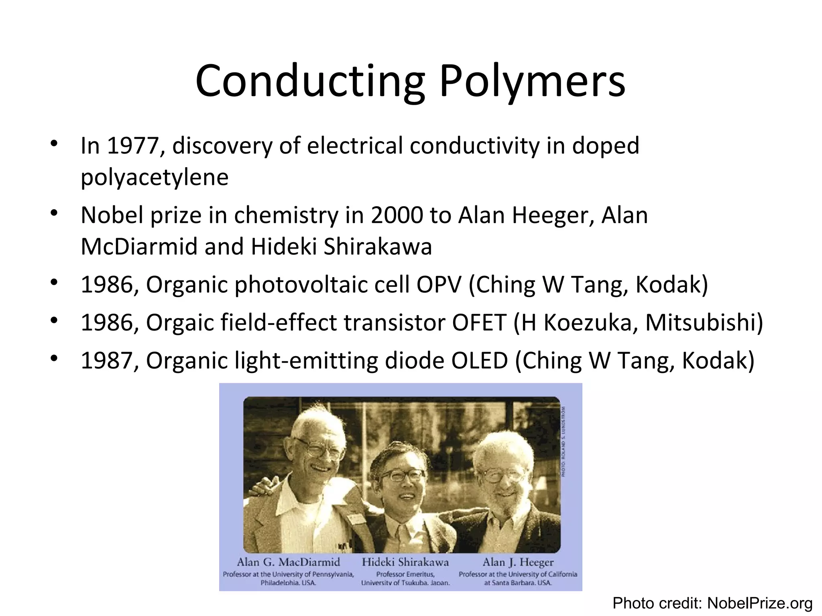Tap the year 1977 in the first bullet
(133, 146)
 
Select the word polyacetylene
(155, 177)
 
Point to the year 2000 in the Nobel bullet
(397, 215)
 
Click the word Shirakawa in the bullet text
(378, 247)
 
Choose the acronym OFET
(479, 322)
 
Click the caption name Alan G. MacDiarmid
(288, 562)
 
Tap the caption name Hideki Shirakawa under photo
(405, 562)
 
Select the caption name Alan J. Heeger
(518, 562)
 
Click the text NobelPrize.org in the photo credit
(759, 603)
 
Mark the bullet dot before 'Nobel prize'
(54, 213)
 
